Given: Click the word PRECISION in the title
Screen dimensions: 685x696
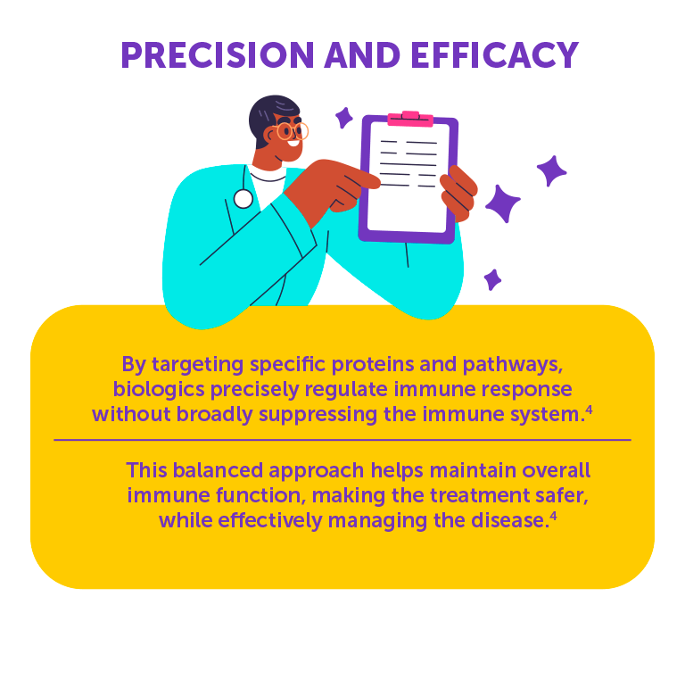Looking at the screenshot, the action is tap(218, 55).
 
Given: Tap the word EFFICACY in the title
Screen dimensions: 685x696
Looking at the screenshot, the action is tap(495, 55).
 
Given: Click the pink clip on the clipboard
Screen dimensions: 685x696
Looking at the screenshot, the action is tap(410, 119).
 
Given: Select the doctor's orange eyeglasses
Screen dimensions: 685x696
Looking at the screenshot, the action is tap(292, 131).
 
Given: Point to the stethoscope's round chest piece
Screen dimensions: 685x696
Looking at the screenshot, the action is tap(243, 199).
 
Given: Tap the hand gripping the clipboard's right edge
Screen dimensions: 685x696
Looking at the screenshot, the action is tap(458, 194).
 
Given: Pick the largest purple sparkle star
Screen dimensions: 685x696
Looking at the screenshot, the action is tap(502, 203).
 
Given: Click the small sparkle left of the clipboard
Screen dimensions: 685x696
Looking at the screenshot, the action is tap(343, 118).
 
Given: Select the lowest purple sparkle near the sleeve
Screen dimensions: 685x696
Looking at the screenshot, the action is tap(492, 279).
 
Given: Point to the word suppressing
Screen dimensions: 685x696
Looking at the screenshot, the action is tap(318, 415).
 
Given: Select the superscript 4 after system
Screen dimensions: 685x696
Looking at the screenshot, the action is tap(589, 410).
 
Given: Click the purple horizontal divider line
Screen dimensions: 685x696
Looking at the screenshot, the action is tap(342, 440).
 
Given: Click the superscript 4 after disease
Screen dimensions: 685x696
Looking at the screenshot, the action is tap(553, 516).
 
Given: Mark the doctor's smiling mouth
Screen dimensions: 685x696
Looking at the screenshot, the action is tap(293, 143).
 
